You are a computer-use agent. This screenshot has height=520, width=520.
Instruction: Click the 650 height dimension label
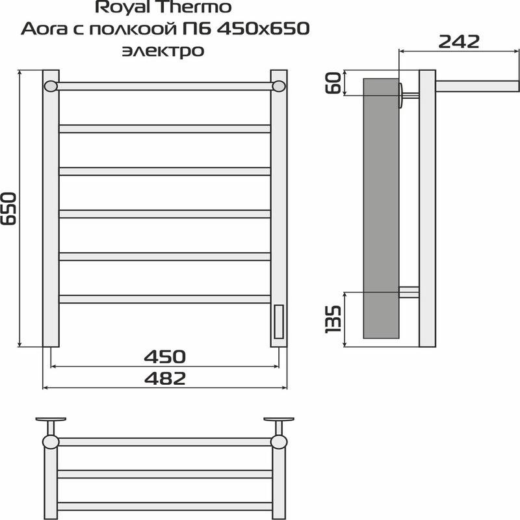click(x=9, y=208)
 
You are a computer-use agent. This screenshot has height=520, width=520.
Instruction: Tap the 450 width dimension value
click(x=165, y=356)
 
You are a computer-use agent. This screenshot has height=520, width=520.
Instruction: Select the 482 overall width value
click(x=165, y=378)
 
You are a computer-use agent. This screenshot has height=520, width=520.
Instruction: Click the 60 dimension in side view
click(x=333, y=83)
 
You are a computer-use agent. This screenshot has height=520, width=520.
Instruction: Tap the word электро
click(x=162, y=50)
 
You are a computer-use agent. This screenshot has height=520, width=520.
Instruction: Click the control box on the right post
click(x=279, y=322)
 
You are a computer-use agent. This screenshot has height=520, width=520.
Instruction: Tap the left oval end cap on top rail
click(x=51, y=86)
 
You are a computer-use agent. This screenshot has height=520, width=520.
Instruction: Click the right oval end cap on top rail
click(x=279, y=86)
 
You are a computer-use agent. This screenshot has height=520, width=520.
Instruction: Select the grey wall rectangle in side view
click(x=381, y=208)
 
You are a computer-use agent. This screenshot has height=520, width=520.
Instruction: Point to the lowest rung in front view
click(x=164, y=299)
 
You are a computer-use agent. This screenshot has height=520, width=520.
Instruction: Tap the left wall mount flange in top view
click(x=51, y=420)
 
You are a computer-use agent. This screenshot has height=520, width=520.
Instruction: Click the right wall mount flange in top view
click(x=278, y=420)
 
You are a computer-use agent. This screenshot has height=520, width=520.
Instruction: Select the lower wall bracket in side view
click(x=409, y=292)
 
